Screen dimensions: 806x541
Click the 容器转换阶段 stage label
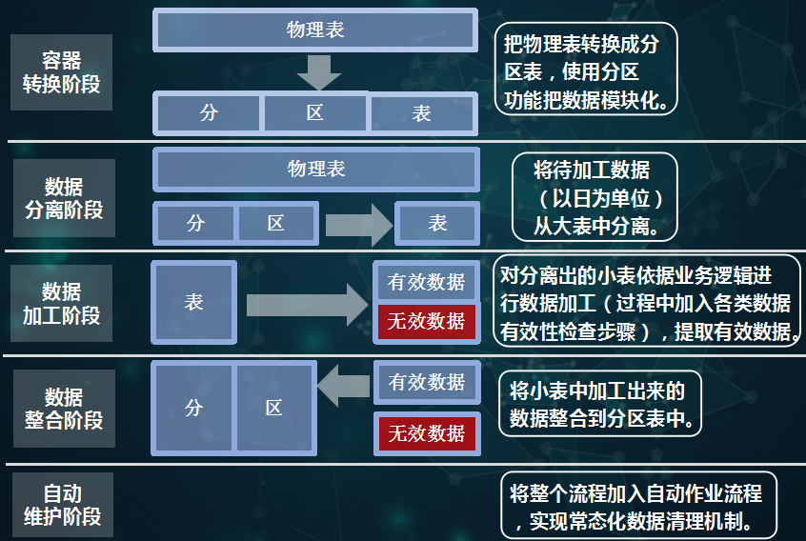coord(61,72)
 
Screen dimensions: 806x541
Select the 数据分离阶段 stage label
coord(64,198)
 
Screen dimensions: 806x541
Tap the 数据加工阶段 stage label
coord(61,303)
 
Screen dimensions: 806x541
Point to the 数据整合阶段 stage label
coord(64,409)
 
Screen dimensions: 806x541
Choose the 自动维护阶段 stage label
coord(63,505)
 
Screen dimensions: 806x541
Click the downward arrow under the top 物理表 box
coord(319,72)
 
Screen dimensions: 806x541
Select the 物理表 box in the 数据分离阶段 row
coord(316,169)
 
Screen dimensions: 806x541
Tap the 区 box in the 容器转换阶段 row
coord(314,112)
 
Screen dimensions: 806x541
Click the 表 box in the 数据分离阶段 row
coord(437,223)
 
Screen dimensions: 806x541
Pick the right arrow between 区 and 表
coord(359,225)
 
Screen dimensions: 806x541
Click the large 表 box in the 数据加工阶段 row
coord(193,302)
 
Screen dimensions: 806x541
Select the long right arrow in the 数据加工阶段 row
coord(308,305)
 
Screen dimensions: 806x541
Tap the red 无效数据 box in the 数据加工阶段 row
coord(426,321)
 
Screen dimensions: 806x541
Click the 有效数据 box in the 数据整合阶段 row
coord(427,382)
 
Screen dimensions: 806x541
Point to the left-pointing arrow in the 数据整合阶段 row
coord(343,386)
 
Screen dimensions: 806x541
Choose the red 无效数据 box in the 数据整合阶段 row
coord(427,433)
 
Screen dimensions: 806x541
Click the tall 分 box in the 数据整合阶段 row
coord(193,408)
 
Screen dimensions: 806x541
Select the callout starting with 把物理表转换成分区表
coord(586,69)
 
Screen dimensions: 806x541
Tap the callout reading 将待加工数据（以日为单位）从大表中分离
coord(594,197)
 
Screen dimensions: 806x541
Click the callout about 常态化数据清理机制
coord(638,505)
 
